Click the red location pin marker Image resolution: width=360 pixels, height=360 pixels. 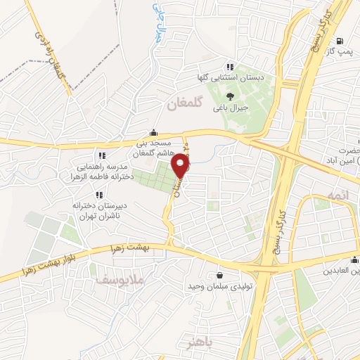181,167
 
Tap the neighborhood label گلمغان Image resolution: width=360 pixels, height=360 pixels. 185,104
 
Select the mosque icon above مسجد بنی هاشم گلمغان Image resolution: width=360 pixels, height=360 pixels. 153,131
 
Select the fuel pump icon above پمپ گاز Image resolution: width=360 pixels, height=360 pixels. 340,41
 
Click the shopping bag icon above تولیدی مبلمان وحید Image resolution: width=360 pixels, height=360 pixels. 221,275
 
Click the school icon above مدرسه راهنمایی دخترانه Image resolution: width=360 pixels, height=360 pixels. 102,155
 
